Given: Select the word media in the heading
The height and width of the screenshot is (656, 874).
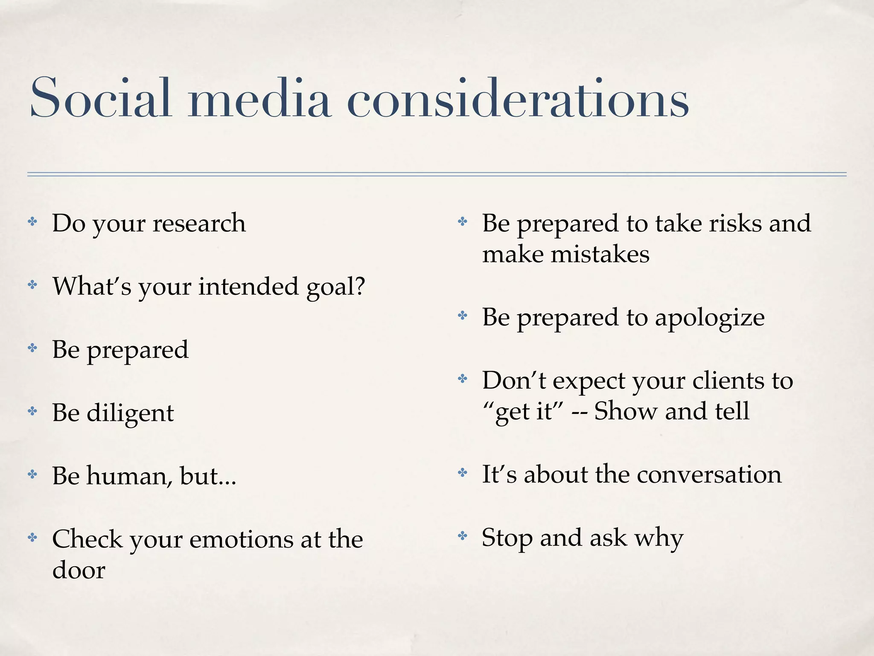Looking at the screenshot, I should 260,98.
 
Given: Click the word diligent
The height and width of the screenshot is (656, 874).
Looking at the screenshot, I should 130,413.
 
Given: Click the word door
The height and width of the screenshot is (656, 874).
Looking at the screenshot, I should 79,570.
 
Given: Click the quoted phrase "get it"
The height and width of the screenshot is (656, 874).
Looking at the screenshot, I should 523,412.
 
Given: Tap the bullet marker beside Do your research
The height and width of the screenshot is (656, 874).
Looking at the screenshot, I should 32,222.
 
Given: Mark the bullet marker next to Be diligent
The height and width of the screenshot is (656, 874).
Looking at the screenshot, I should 32,411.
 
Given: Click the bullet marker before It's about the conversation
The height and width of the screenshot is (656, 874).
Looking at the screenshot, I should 463,472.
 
